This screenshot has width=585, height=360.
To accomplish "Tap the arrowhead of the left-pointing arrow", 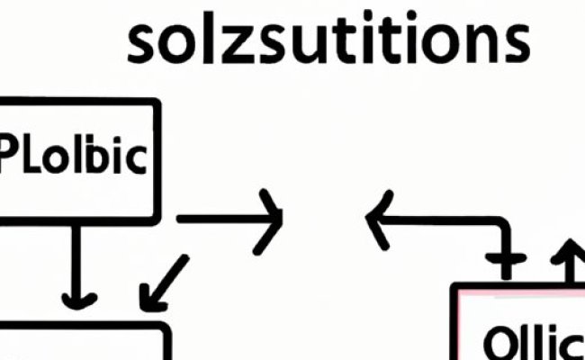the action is click(376, 219).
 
